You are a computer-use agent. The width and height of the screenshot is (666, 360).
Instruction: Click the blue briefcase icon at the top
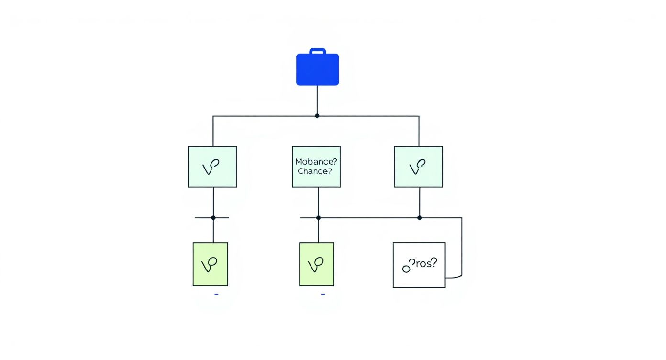[317, 69]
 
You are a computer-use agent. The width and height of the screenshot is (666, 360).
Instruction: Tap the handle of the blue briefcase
[317, 50]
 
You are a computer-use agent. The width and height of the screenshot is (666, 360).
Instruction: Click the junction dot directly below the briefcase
[317, 116]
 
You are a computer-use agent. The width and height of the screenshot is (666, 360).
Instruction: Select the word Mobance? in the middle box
[316, 162]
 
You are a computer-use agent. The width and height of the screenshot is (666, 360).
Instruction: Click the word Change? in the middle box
[314, 171]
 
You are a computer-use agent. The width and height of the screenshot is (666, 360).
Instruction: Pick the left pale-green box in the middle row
[212, 167]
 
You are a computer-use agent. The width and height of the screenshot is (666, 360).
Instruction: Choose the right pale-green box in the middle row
[418, 167]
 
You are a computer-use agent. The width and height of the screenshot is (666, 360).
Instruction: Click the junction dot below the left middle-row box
[213, 218]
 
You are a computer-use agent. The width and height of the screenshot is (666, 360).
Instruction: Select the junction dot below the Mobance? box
[318, 218]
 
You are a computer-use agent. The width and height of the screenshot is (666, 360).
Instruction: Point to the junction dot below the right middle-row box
[420, 218]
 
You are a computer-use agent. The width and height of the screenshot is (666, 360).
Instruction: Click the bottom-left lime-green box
[211, 264]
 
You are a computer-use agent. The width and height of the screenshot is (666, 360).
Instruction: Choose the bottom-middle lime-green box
[317, 264]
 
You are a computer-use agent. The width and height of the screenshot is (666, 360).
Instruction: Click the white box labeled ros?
[419, 265]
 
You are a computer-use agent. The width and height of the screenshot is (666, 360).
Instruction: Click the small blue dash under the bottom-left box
[216, 294]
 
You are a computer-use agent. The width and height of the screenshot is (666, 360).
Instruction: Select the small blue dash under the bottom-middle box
[323, 294]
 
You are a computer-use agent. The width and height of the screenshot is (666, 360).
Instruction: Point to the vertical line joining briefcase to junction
[317, 101]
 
